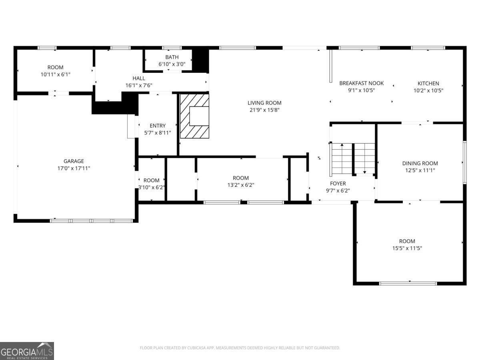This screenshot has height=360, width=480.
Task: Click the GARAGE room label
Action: (x=74, y=161)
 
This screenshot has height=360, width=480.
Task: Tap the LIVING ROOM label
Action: (x=264, y=103)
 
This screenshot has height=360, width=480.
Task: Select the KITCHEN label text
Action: (x=428, y=84)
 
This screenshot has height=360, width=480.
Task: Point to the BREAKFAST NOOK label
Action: (x=361, y=83)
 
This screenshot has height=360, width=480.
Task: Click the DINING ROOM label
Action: (x=420, y=163)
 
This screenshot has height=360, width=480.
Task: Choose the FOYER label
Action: (x=338, y=184)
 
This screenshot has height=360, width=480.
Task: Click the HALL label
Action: (x=139, y=78)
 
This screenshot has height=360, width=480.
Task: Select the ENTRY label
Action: (x=158, y=126)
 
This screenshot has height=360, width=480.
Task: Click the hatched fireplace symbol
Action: (x=194, y=116)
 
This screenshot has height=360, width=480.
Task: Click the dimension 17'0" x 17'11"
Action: (x=74, y=168)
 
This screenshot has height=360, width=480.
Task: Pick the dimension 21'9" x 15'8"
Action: (x=264, y=110)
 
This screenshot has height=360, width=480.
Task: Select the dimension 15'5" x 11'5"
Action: (x=407, y=248)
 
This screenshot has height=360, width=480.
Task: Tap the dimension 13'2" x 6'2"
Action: (x=241, y=185)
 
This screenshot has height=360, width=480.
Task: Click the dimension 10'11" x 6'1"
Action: (x=55, y=74)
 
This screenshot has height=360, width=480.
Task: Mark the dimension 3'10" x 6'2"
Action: (x=152, y=187)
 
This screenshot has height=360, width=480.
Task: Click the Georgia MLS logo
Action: (x=27, y=351)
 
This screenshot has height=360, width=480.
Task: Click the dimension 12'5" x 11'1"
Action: (x=420, y=170)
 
